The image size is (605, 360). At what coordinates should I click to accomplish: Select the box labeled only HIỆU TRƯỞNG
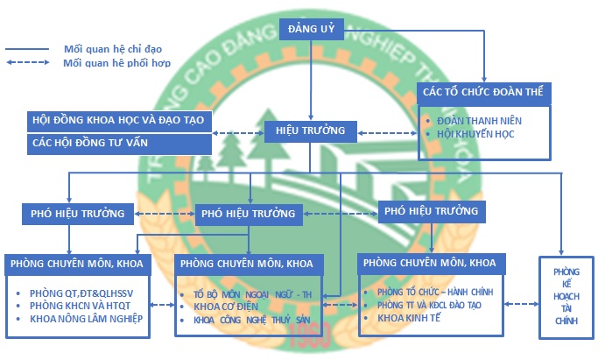point(310,131)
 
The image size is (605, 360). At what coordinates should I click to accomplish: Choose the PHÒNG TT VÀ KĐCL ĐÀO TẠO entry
point(430,305)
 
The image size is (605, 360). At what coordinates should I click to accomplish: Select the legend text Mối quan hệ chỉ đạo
point(113,49)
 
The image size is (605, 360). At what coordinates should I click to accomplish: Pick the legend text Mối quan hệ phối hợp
point(116,63)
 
